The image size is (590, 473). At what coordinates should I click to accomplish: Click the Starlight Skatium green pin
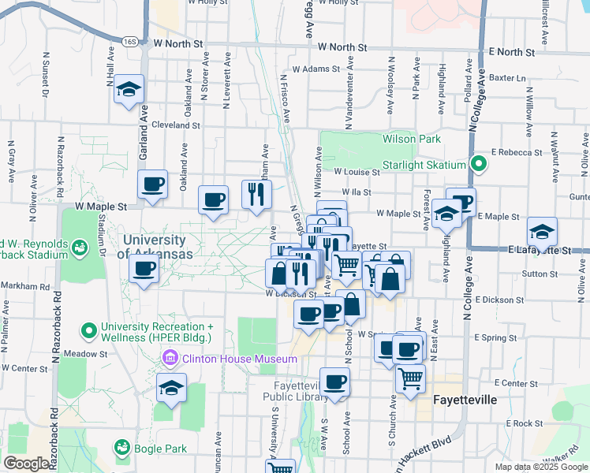pyautogui.click(x=477, y=165)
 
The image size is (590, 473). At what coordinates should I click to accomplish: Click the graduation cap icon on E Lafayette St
pyautogui.click(x=542, y=232)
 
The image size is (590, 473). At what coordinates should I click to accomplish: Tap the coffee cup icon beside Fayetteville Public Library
pyautogui.click(x=335, y=382)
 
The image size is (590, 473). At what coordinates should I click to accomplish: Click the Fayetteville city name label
pyautogui.click(x=465, y=400)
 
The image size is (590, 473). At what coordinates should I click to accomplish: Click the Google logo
pyautogui.click(x=26, y=464)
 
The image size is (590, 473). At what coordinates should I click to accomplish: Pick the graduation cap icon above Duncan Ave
pyautogui.click(x=171, y=387)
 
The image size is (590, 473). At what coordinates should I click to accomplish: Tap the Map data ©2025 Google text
pyautogui.click(x=540, y=467)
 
